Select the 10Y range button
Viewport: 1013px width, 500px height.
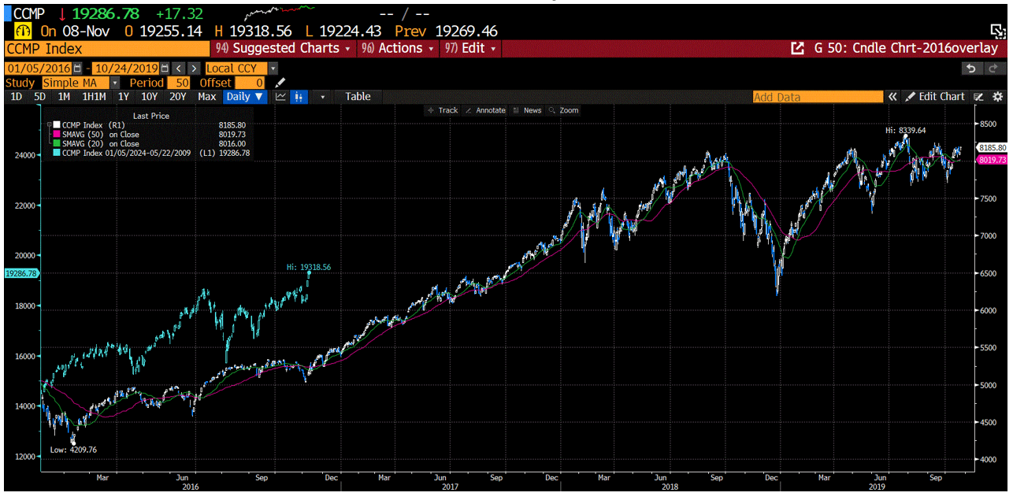pos(149,96)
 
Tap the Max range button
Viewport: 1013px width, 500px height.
pos(206,96)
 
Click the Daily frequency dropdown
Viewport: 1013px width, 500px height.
pos(245,96)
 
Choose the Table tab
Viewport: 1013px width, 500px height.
pos(357,96)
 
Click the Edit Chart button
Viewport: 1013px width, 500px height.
pos(936,96)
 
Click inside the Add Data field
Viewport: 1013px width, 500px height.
pos(817,97)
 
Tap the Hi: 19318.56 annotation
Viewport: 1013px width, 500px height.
pos(308,267)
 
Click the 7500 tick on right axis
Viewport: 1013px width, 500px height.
pos(988,199)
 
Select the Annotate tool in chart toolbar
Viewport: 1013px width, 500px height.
pos(486,110)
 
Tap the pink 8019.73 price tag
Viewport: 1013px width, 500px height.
pos(992,160)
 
